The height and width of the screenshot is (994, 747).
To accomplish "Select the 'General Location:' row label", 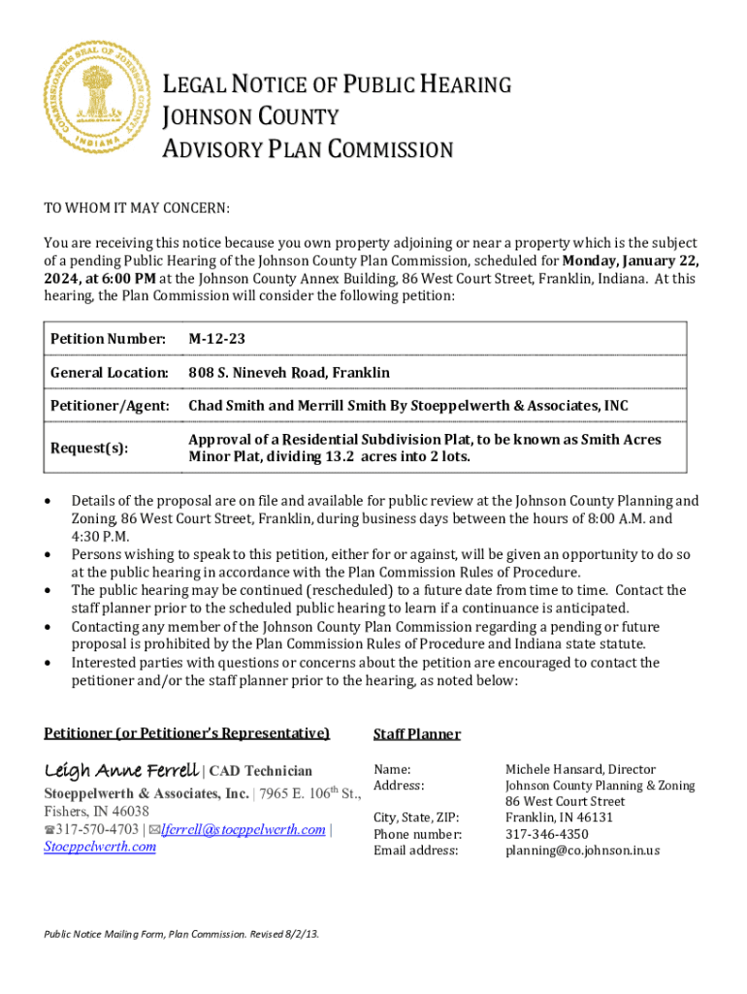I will click(110, 373).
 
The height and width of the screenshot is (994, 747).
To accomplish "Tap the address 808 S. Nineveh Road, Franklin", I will click(289, 373).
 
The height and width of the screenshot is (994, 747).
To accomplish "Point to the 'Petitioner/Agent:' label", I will click(110, 406).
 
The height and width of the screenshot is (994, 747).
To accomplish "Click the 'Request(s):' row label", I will click(90, 447).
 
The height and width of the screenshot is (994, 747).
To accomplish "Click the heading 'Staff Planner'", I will click(416, 734).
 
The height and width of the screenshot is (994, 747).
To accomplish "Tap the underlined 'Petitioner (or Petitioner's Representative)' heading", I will click(187, 733).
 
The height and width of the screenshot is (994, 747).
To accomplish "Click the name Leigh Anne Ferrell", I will click(121, 770).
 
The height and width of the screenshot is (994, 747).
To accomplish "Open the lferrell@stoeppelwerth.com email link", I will click(243, 829).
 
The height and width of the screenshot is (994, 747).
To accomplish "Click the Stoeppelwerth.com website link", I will click(100, 846).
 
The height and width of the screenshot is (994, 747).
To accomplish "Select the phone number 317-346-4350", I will click(546, 834).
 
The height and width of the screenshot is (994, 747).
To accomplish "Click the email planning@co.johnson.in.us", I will click(582, 850).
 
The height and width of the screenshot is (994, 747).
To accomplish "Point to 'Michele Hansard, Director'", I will click(580, 769).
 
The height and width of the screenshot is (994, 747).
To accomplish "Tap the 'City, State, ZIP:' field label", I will click(416, 817).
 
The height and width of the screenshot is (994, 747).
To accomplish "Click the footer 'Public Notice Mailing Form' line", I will click(181, 934).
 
